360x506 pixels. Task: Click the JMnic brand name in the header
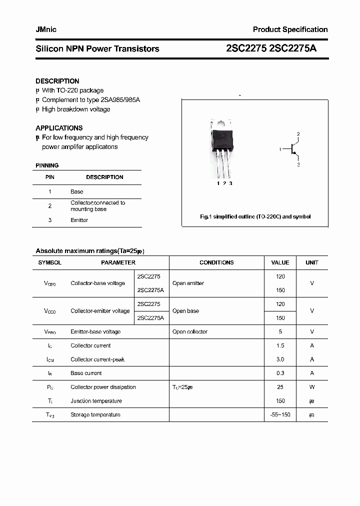[x=46, y=29]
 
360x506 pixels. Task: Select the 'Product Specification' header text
[x=290, y=29]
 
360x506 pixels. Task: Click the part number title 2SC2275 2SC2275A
[x=271, y=48]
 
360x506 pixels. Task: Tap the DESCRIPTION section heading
[x=57, y=81]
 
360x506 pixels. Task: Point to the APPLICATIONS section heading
[x=59, y=128]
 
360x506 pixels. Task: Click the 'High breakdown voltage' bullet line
[x=76, y=109]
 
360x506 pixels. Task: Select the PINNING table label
[x=47, y=165]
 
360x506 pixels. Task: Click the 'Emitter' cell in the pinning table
[x=79, y=220]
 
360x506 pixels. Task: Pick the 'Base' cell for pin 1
[x=77, y=191]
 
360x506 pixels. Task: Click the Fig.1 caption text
[x=255, y=216]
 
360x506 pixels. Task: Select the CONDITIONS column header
[x=216, y=262]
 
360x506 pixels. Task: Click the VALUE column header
[x=280, y=262]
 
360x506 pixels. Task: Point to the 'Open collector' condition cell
[x=189, y=331]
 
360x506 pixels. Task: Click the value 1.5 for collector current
[x=280, y=345]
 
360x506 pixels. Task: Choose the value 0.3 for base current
[x=280, y=373]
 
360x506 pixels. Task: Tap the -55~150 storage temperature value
[x=280, y=414]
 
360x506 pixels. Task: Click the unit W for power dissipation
[x=312, y=387]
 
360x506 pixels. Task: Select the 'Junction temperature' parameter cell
[x=96, y=401]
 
